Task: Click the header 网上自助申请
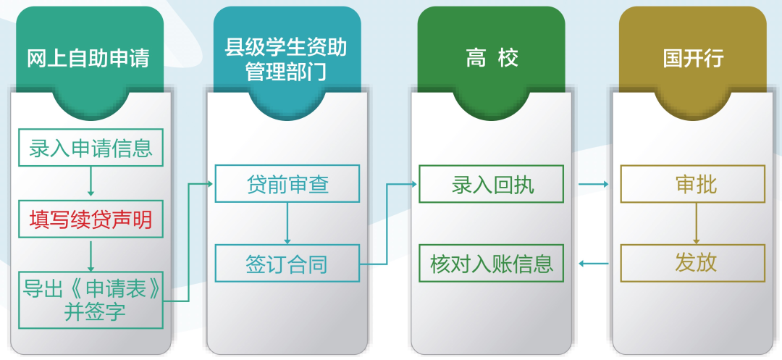[88, 59]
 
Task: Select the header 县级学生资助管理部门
[286, 61]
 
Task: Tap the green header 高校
[492, 59]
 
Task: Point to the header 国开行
[693, 59]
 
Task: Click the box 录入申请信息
[91, 148]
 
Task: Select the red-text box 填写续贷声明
[91, 219]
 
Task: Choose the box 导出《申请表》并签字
[91, 300]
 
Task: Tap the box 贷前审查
[287, 183]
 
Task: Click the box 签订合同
[287, 263]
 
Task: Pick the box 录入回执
[491, 183]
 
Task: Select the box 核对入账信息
[491, 263]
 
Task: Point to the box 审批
[693, 183]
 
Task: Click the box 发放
[693, 263]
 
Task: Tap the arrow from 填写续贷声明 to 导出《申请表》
[91, 255]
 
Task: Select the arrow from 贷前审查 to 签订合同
[287, 223]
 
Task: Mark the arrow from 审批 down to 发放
[697, 223]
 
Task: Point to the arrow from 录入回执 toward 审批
[594, 184]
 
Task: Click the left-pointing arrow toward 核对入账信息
[594, 263]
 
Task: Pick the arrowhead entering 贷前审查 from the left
[210, 184]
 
